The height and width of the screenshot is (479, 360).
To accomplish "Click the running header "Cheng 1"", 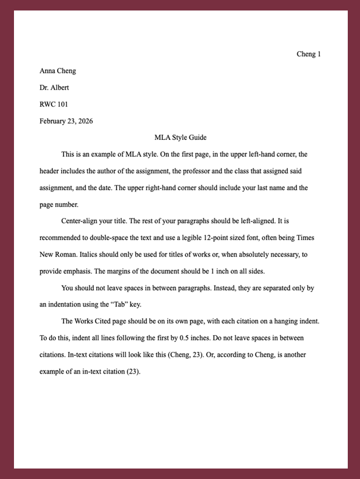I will (309, 54).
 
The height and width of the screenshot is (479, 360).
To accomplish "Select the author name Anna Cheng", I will (58, 71).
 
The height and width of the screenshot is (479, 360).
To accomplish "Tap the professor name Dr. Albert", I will (54, 88).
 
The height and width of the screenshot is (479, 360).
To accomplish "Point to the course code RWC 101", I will (54, 105).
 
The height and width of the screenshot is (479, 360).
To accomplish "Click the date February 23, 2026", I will (66, 121).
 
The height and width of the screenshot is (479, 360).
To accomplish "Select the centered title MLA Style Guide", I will (181, 138).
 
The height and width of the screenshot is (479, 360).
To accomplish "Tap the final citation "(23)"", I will (133, 371).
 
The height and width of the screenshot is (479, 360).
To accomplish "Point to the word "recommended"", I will (62, 238).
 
